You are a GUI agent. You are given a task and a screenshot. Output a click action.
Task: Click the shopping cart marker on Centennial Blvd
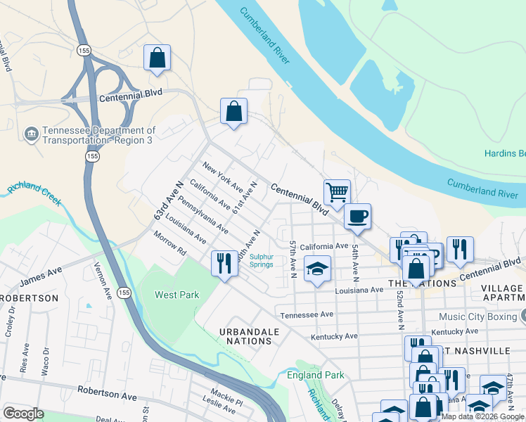click(x=338, y=191)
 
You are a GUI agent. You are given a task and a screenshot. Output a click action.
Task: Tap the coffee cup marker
click(x=358, y=216)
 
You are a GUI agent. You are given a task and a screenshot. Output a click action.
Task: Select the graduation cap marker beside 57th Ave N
click(x=317, y=269)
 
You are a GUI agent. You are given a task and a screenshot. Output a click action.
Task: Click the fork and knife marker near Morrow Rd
click(x=224, y=264)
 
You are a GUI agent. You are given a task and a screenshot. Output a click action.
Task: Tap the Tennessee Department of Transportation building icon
click(x=31, y=133)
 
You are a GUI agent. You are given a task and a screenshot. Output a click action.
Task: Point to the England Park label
click(x=316, y=375)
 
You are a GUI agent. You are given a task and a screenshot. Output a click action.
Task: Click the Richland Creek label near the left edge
click(x=34, y=195)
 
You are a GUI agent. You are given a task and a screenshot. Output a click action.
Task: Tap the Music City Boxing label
click(x=481, y=317)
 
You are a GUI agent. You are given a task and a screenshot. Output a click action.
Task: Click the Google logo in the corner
click(x=23, y=414)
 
